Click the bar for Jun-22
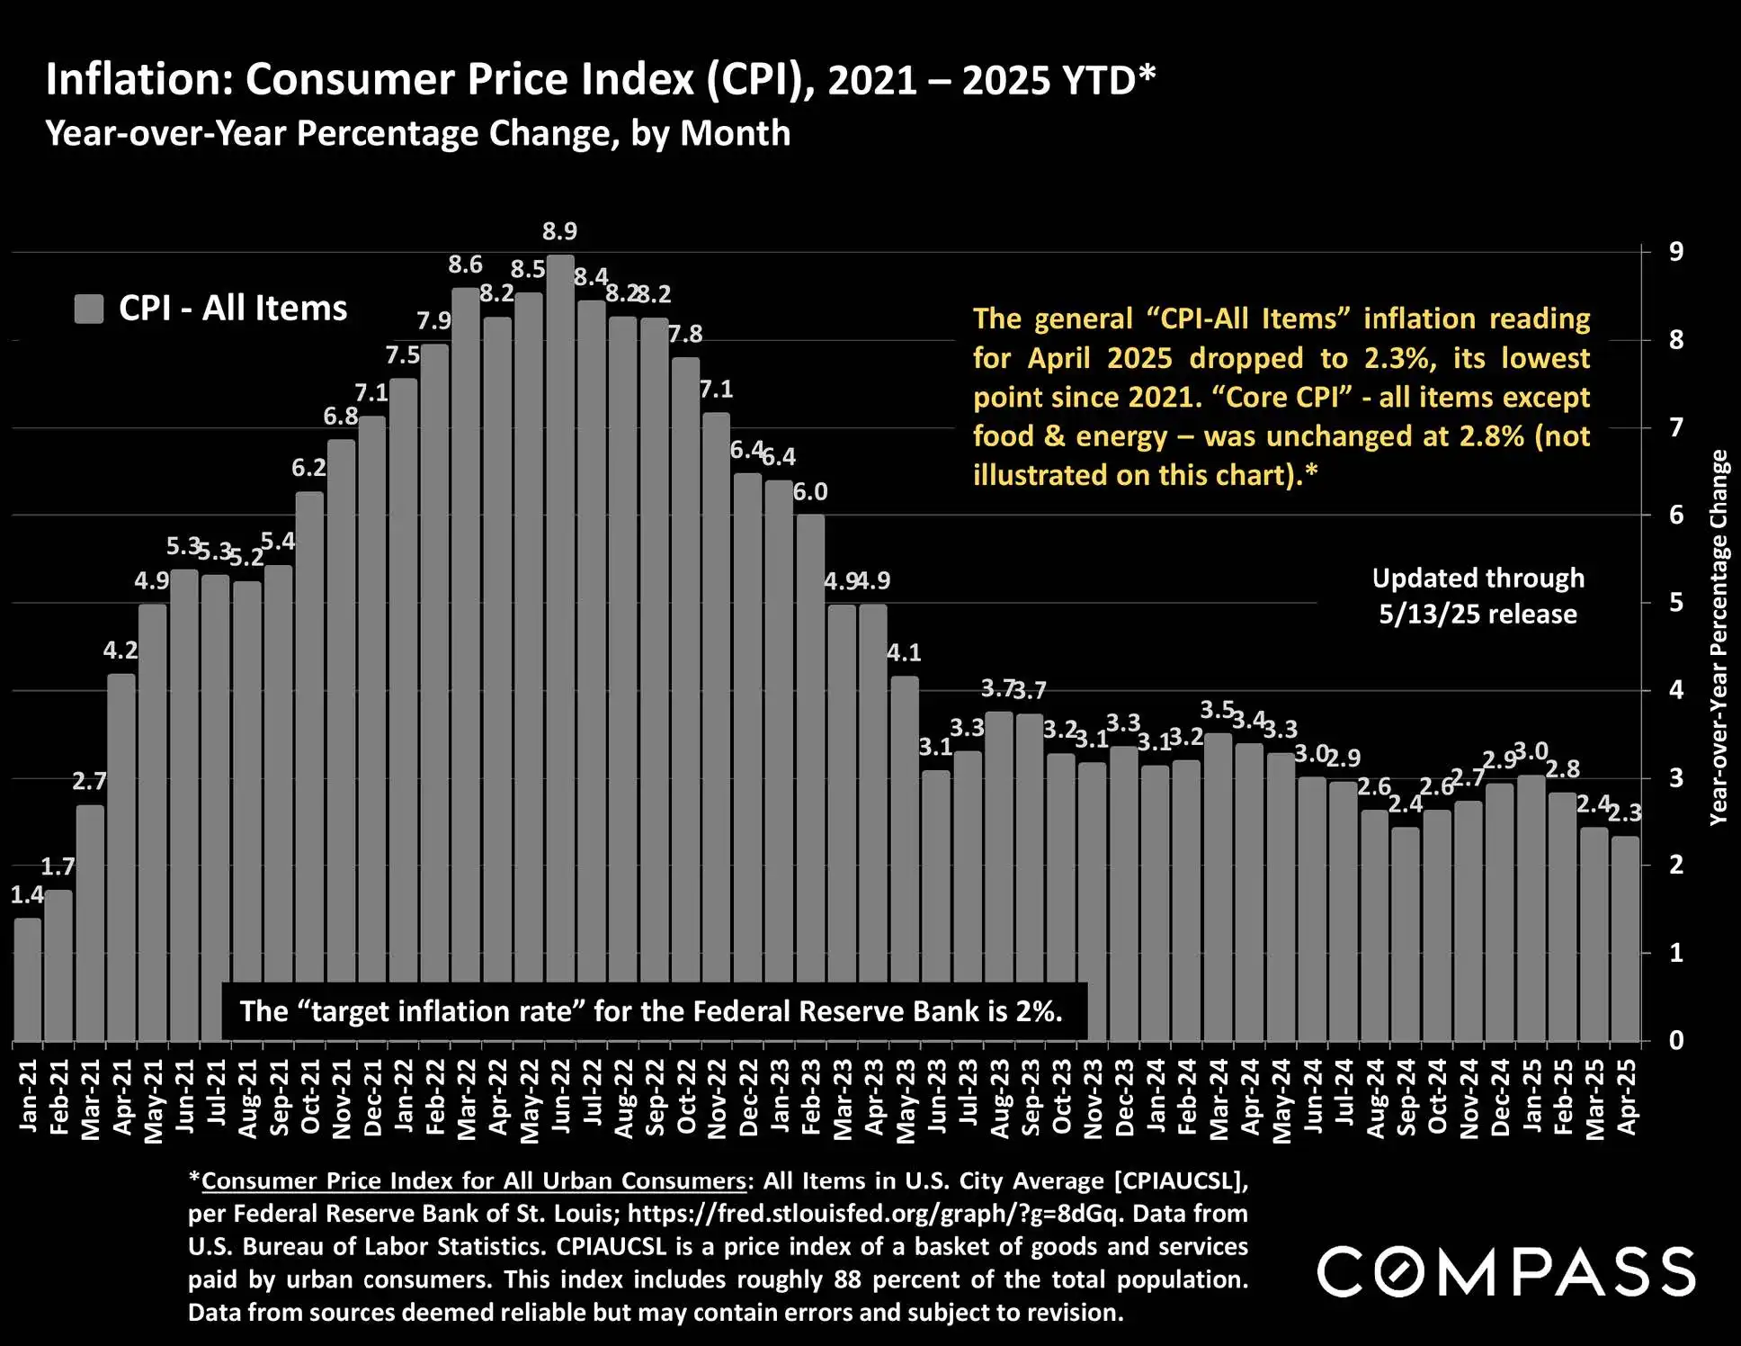(x=560, y=630)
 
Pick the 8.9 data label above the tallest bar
(x=559, y=231)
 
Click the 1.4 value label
(x=26, y=894)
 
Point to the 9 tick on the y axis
(x=1676, y=252)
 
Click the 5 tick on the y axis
(x=1676, y=602)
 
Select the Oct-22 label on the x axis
(x=686, y=1097)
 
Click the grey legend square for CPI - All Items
(x=89, y=309)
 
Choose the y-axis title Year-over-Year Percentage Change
(x=1719, y=637)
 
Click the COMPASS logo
(x=1506, y=1271)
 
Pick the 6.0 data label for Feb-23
(x=810, y=492)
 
